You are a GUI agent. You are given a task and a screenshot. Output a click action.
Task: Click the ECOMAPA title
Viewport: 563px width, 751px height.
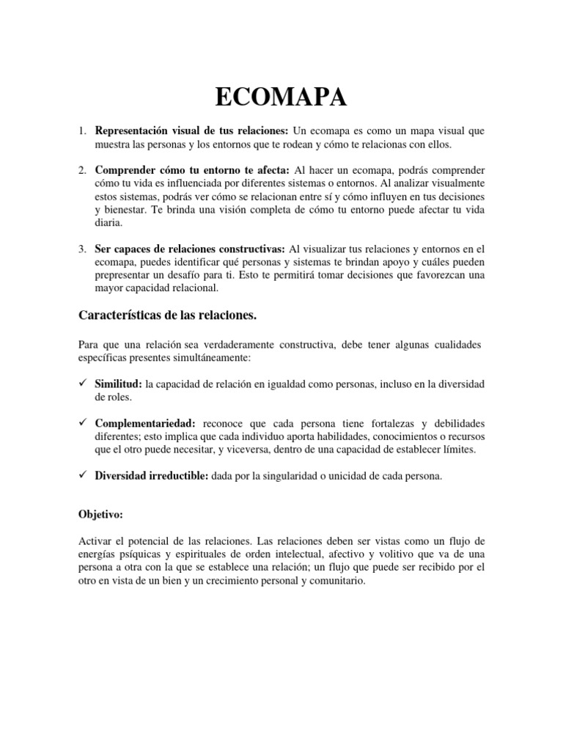(x=281, y=98)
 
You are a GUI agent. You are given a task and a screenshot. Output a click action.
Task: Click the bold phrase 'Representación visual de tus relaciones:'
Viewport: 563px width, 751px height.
(x=192, y=131)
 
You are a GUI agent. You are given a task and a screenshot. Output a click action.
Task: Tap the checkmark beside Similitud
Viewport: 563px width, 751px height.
(x=83, y=384)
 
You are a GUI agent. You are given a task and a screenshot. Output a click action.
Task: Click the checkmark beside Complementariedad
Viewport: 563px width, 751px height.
(x=83, y=424)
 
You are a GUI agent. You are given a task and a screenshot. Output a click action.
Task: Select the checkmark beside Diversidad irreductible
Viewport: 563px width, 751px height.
(x=83, y=476)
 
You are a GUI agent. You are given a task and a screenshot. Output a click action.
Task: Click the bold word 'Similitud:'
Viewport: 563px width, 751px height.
(x=119, y=385)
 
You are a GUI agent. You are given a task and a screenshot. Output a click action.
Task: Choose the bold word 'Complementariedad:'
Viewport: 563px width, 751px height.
(x=145, y=425)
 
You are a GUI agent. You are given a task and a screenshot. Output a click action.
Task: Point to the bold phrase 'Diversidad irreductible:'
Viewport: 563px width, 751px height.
(x=152, y=477)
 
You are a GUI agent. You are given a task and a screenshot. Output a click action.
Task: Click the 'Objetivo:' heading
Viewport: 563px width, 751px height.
(x=100, y=516)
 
